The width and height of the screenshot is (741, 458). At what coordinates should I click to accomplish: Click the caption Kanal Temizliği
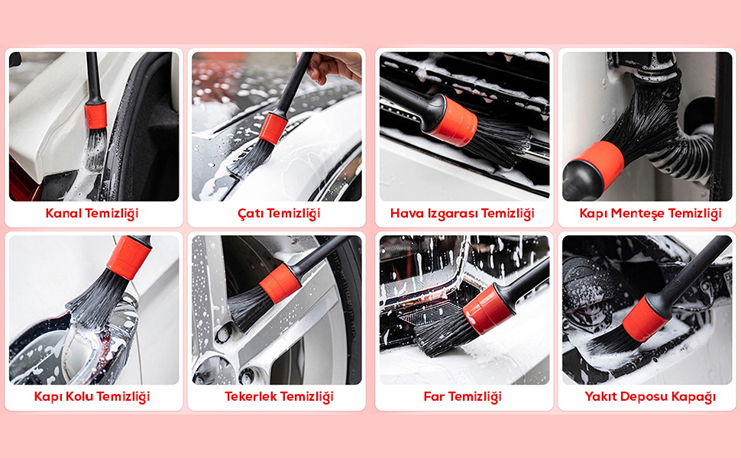92,214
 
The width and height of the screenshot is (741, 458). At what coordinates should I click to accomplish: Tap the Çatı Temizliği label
279,214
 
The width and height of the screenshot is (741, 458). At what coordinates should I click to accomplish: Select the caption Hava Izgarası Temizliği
462,214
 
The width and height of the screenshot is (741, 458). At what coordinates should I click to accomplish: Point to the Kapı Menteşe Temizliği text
650,214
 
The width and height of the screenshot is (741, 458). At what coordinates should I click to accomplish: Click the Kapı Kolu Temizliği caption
92,397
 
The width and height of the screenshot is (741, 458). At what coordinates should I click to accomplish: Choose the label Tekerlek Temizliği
279,397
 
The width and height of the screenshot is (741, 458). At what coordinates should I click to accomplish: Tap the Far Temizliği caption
462,397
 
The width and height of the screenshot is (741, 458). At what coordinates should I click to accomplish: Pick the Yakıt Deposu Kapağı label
650,397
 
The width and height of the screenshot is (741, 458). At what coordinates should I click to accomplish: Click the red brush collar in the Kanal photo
96,116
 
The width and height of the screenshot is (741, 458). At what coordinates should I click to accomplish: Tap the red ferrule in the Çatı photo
273,128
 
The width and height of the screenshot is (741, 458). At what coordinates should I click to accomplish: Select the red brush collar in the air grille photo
453,121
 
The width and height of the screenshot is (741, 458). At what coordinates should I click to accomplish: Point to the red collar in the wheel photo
280,284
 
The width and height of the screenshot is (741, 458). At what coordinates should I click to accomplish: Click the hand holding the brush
334,66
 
